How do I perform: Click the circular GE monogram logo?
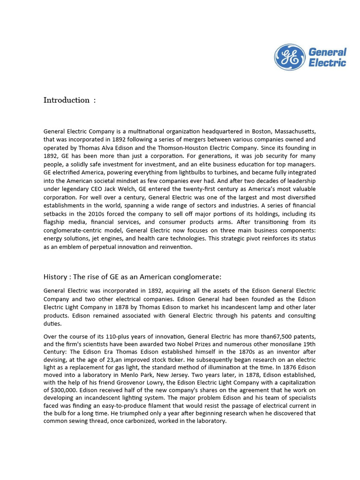tap(289, 57)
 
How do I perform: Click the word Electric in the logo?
tap(327, 63)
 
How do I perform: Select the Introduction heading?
tap(67, 100)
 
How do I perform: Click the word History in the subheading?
tap(55, 277)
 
